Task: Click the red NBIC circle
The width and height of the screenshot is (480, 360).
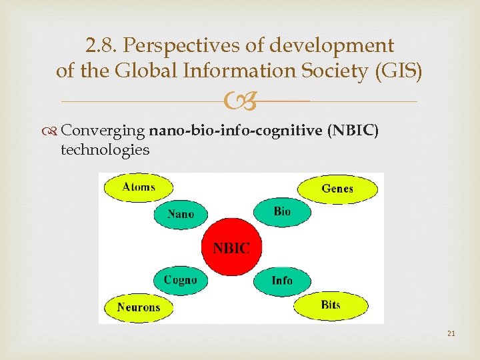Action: click(231, 247)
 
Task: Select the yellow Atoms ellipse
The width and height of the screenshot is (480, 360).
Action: click(138, 187)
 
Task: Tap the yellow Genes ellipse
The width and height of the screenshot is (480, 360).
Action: click(337, 189)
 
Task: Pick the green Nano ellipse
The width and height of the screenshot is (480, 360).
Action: click(181, 214)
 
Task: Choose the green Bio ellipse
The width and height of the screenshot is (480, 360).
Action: click(281, 211)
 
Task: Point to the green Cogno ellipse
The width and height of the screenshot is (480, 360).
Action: click(180, 280)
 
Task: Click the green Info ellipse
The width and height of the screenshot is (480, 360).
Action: click(281, 280)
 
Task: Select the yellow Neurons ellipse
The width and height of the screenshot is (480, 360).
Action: click(139, 307)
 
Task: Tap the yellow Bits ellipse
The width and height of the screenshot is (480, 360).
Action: click(330, 305)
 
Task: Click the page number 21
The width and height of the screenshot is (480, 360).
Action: click(451, 333)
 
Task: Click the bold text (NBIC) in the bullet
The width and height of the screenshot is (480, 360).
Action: click(353, 131)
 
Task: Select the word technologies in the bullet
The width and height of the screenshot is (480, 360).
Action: click(105, 149)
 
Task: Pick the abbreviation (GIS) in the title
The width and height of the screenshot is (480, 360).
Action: click(398, 71)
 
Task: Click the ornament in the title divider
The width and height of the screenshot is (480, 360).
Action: click(239, 102)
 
